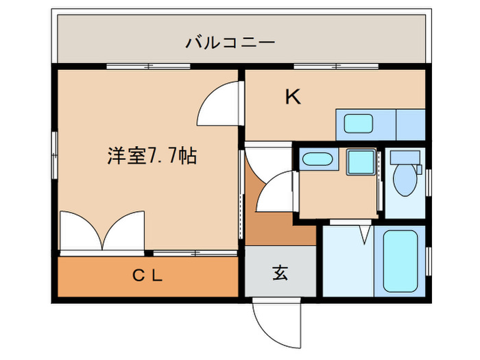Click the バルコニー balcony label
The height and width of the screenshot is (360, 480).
(230, 43)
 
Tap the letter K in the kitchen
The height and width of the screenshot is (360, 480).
(293, 97)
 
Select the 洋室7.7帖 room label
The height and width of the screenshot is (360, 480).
(152, 156)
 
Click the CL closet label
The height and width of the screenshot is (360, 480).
(147, 276)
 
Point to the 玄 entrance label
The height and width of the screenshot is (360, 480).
(280, 273)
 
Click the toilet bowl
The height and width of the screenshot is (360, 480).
(405, 180)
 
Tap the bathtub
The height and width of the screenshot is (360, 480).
(400, 261)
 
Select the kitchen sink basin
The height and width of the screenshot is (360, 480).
(358, 123)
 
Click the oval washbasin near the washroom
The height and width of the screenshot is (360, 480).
(317, 160)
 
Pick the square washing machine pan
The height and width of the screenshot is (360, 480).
(361, 163)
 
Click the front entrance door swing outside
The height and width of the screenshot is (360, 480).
(276, 324)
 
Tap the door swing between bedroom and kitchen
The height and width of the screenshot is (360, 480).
(218, 104)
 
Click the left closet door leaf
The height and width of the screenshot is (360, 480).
(81, 230)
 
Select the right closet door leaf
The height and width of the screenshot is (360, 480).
(123, 230)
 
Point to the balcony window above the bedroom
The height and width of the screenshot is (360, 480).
(149, 66)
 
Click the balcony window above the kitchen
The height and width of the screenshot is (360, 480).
(336, 66)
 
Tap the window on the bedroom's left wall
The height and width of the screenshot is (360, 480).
(54, 155)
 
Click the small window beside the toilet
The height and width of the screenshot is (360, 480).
(429, 182)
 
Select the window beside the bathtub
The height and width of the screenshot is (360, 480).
(429, 261)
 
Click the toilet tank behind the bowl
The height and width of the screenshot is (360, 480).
(405, 158)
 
